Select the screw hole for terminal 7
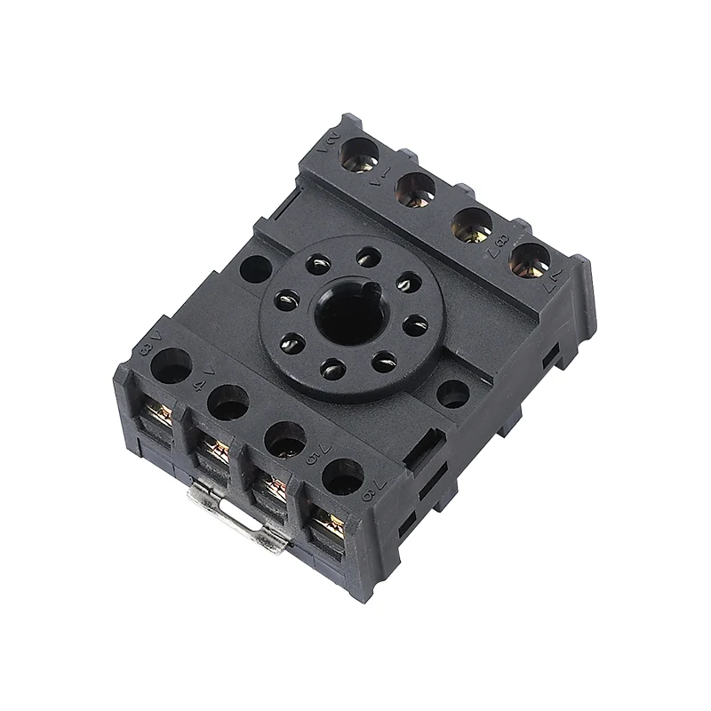point(532,258)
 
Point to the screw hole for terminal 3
point(173,365)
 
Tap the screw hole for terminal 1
point(414,188)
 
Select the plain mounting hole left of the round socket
point(255,268)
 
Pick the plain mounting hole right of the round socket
point(453,392)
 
